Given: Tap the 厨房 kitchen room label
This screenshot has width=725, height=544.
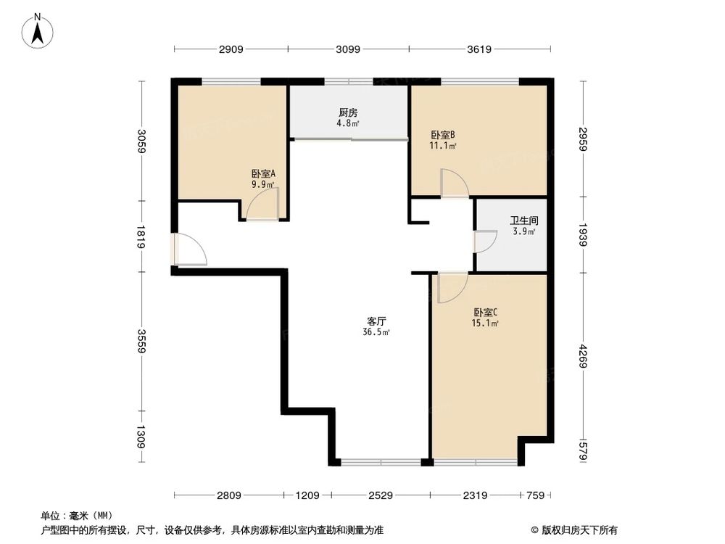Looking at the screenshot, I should (348, 113).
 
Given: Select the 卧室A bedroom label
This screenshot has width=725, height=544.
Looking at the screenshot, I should (263, 174).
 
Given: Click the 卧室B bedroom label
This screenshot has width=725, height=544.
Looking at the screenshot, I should (442, 135).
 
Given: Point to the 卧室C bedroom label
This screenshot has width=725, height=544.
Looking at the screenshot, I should (485, 313).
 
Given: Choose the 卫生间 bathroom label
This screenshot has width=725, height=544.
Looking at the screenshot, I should (523, 221).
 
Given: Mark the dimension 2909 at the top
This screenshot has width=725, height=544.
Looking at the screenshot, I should (231, 49).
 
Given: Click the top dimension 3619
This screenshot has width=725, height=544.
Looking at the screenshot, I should (479, 49).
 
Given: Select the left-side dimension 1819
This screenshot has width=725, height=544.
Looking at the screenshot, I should (142, 236).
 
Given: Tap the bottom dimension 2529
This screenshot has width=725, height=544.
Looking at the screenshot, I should (381, 495).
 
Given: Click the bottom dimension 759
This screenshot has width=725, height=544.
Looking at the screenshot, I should (535, 495).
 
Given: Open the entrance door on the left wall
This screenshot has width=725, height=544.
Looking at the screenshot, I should (190, 250).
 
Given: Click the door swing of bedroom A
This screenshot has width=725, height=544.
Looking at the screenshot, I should (261, 208).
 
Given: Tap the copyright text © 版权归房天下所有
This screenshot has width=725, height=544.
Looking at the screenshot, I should (573, 529).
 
